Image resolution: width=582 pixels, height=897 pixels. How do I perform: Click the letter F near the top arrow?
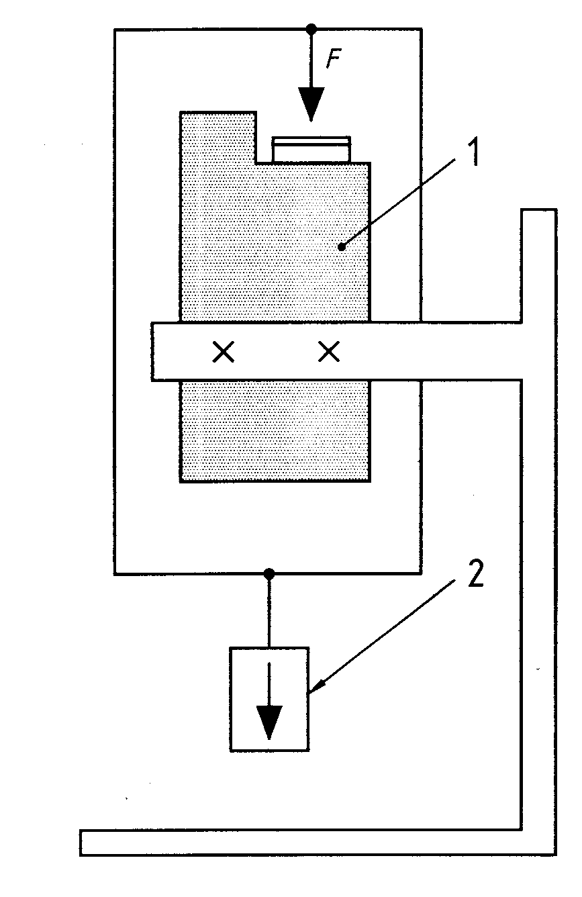[x=333, y=59]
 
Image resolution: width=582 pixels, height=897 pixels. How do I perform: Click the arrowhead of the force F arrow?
[x=311, y=103]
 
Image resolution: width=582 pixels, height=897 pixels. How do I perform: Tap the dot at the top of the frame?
[x=311, y=29]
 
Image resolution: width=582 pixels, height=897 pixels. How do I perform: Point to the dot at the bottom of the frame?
[x=269, y=574]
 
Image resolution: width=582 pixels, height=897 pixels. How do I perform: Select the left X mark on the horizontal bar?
[x=224, y=352]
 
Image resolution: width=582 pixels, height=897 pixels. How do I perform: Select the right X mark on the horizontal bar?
[x=329, y=352]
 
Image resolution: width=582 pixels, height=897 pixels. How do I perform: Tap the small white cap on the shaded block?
[x=311, y=149]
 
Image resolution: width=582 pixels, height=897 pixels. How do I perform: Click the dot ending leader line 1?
[x=342, y=247]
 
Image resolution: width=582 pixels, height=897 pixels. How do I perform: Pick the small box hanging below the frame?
[x=269, y=699]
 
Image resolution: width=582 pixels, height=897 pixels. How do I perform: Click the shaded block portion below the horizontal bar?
[x=275, y=431]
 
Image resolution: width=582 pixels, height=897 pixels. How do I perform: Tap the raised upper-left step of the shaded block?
[x=218, y=137]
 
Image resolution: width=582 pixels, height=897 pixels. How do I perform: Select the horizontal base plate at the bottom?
[x=318, y=843]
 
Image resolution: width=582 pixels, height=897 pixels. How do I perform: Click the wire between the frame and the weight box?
[x=269, y=611]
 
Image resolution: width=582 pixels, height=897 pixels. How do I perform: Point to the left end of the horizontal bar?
[x=152, y=351]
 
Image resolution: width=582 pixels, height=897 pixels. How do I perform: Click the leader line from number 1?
[x=399, y=203]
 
